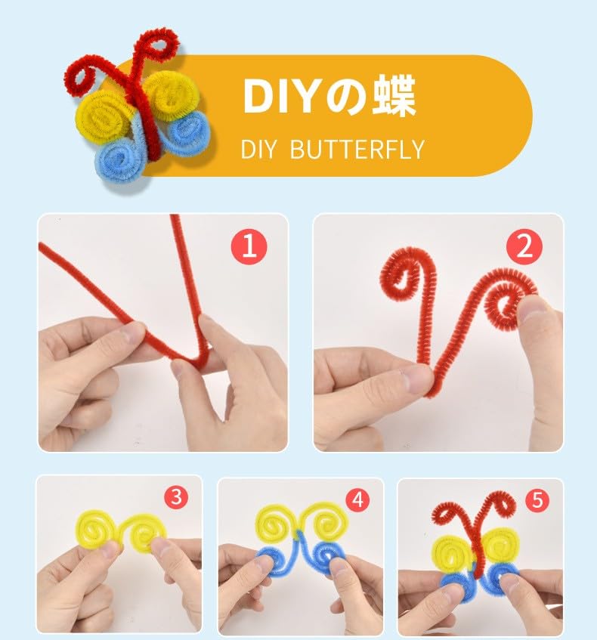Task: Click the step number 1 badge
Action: coord(249,246)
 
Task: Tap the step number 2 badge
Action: coord(524,246)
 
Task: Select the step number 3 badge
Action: coord(176,497)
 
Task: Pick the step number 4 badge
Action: coord(357,499)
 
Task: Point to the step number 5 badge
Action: coord(537,499)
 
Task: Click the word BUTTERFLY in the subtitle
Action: coord(357,149)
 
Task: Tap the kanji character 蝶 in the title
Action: coord(394,96)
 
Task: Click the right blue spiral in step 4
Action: coord(326,556)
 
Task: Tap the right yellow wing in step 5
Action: coord(500,546)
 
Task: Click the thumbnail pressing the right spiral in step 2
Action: coord(530,311)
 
